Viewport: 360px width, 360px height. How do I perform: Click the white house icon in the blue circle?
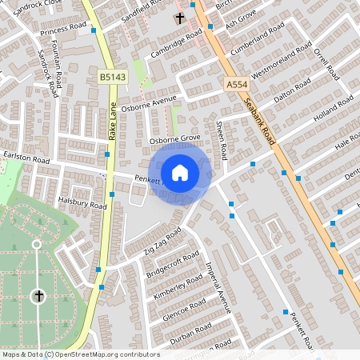click(180, 173)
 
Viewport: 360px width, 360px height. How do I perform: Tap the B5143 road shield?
click(112, 77)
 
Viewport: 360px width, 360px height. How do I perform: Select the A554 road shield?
click(236, 84)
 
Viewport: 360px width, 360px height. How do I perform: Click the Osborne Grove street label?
click(174, 138)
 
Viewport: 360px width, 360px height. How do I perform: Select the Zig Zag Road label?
click(162, 241)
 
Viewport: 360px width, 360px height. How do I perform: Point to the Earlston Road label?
click(26, 161)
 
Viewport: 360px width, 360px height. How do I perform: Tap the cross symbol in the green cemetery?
click(38, 297)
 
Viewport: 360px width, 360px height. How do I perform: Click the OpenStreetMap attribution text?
click(80, 354)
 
